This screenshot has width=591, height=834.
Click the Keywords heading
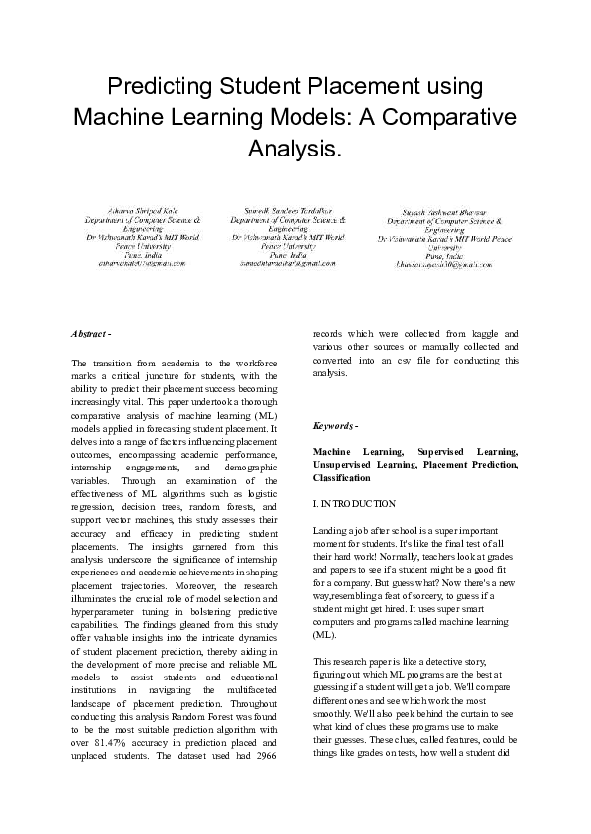click(x=335, y=426)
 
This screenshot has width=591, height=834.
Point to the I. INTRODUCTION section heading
click(x=354, y=504)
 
